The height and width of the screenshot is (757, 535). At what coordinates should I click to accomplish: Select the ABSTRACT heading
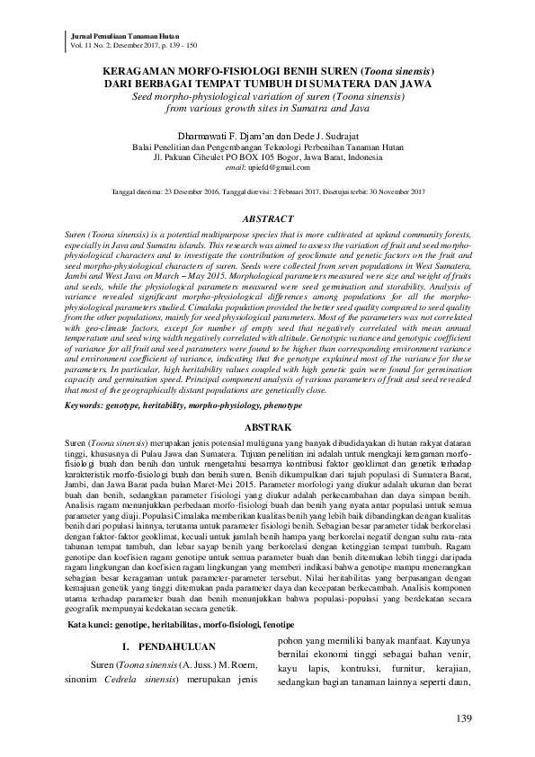(269, 218)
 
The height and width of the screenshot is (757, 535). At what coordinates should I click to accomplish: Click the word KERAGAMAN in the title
(147, 69)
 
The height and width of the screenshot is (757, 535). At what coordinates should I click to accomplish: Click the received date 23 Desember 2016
(183, 191)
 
